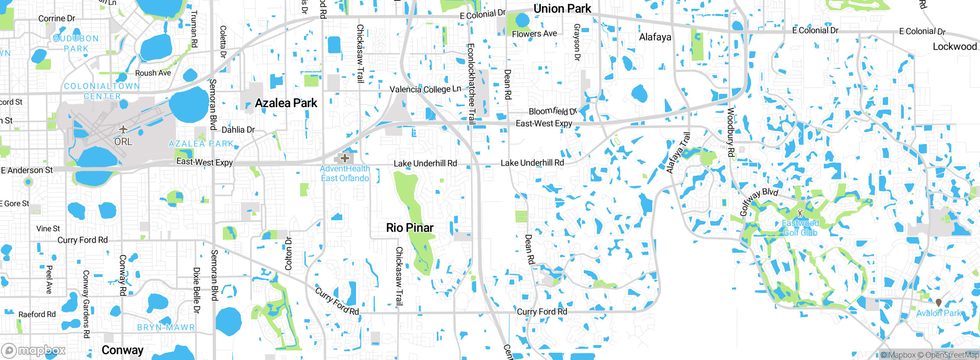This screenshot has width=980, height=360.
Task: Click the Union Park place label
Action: point(562,9)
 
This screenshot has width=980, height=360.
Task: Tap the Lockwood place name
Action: point(955,47)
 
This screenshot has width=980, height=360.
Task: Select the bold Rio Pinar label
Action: point(410,228)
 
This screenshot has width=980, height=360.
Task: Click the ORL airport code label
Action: point(123,142)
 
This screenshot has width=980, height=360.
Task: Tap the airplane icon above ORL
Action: point(123,129)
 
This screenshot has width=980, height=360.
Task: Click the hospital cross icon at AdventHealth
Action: point(345,158)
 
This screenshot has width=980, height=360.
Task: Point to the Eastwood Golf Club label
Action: point(800,228)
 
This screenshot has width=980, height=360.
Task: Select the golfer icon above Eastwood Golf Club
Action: point(800,213)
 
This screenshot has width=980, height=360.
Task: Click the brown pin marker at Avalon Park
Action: point(938,303)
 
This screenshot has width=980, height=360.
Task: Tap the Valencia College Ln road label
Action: point(425,89)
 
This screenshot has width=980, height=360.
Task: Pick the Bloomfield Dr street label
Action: point(552,111)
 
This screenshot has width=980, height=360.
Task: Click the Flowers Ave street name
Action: point(534,34)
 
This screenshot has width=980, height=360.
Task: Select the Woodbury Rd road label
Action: point(731,133)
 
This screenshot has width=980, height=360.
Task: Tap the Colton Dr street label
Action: point(289,254)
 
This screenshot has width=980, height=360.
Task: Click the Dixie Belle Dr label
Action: point(196,290)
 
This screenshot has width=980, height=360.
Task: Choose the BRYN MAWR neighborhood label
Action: point(166,327)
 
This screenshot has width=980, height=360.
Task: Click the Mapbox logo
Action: point(34,350)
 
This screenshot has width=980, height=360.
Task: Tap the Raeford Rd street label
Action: point(37,314)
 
